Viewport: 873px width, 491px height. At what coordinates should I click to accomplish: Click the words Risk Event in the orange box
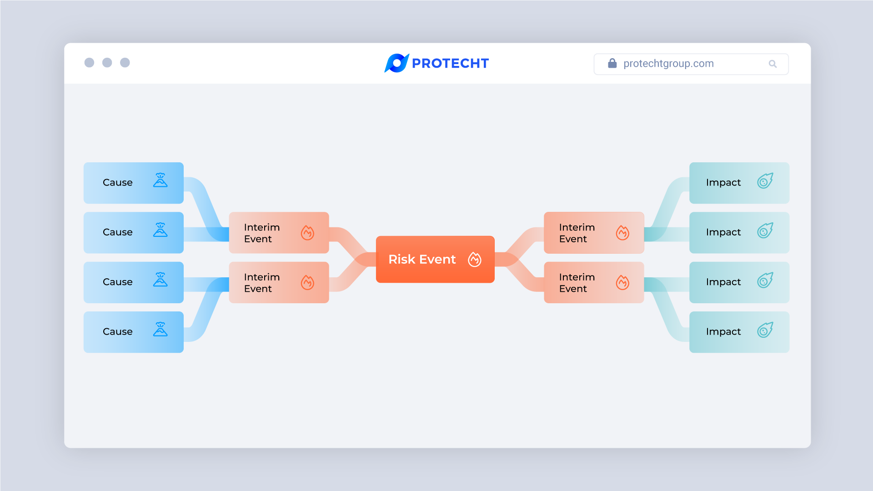tap(422, 259)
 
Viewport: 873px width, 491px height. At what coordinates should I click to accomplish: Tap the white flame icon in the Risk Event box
tap(475, 259)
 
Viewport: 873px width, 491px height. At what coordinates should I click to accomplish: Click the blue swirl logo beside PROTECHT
tap(396, 63)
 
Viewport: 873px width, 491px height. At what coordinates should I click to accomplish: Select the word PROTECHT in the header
tap(450, 63)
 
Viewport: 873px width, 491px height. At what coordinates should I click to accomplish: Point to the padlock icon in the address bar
tap(612, 63)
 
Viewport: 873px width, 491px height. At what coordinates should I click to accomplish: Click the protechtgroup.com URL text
tap(668, 64)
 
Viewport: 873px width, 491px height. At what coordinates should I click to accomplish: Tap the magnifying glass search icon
tap(773, 64)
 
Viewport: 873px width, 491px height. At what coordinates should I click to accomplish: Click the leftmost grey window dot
tap(89, 63)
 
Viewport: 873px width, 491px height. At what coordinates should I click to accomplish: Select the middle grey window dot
tap(107, 63)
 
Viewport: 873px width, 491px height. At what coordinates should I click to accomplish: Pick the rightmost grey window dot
tap(125, 63)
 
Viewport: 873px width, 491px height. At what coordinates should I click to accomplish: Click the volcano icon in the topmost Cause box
tap(161, 180)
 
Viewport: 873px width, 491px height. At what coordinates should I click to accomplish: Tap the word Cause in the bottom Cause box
tap(118, 331)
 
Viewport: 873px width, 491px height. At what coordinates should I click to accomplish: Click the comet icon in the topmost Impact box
tap(765, 180)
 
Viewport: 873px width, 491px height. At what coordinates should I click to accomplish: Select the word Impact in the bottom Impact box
tap(723, 332)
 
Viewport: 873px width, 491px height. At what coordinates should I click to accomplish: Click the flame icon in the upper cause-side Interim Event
tap(307, 233)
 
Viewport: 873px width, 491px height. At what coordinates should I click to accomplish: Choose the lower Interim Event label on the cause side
tap(262, 283)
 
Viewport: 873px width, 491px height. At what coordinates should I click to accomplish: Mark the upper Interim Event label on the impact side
tap(577, 233)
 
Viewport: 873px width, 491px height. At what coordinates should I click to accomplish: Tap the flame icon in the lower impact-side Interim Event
tap(622, 282)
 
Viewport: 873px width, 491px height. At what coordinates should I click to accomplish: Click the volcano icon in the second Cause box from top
tap(161, 230)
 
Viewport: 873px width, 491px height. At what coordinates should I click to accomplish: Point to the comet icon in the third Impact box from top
tap(765, 280)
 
